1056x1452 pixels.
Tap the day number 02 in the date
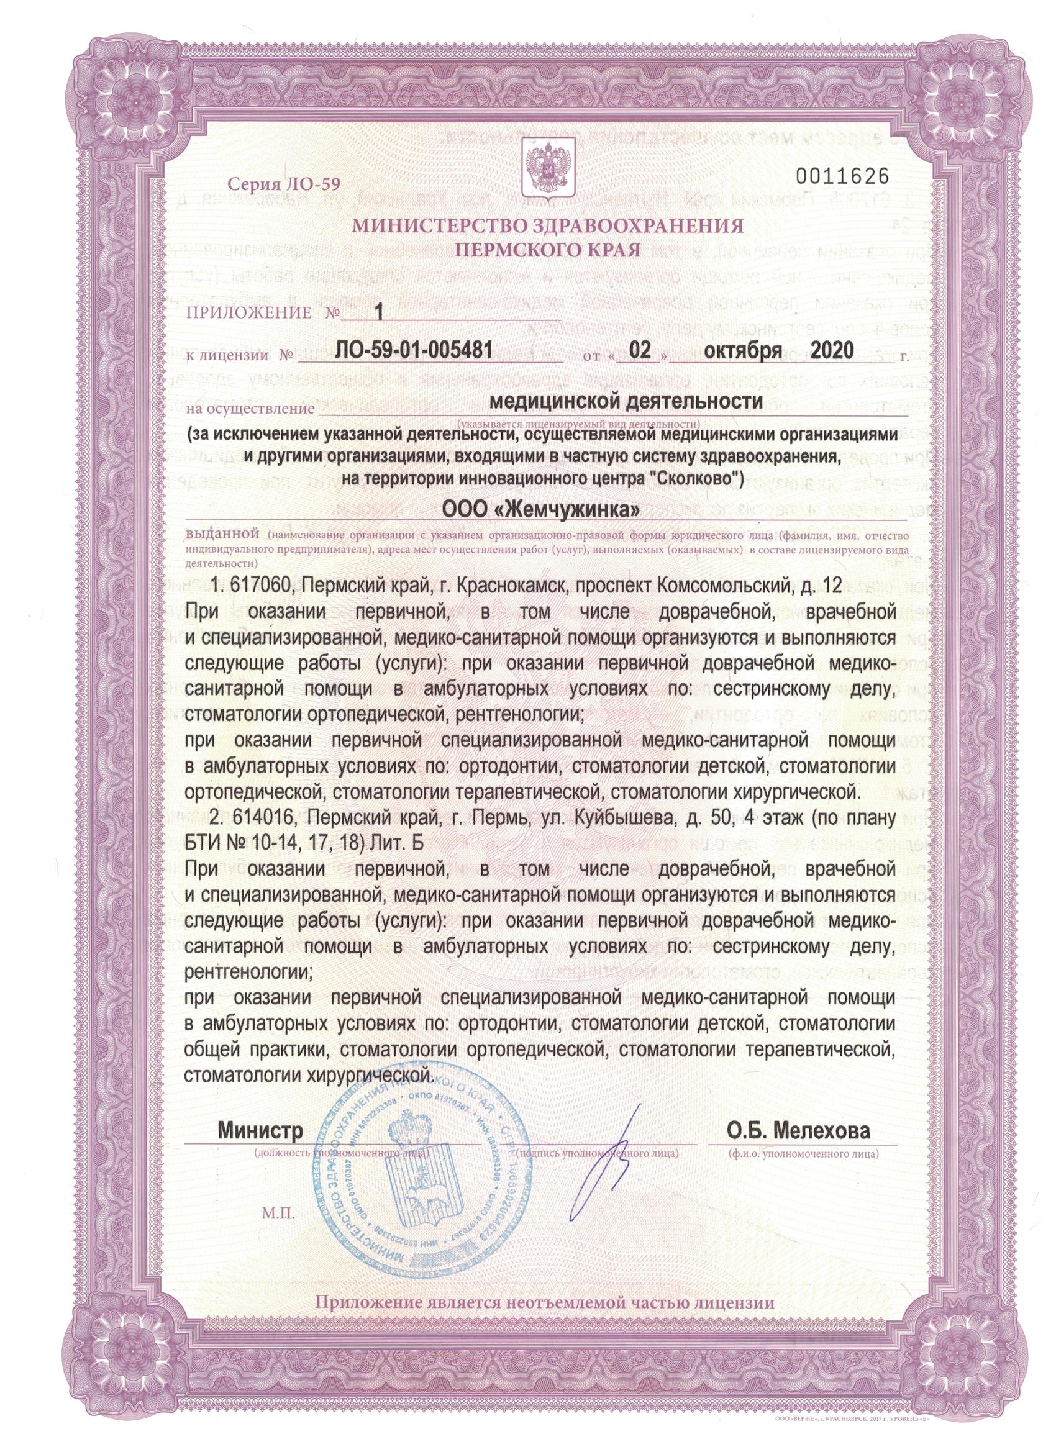point(641,351)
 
